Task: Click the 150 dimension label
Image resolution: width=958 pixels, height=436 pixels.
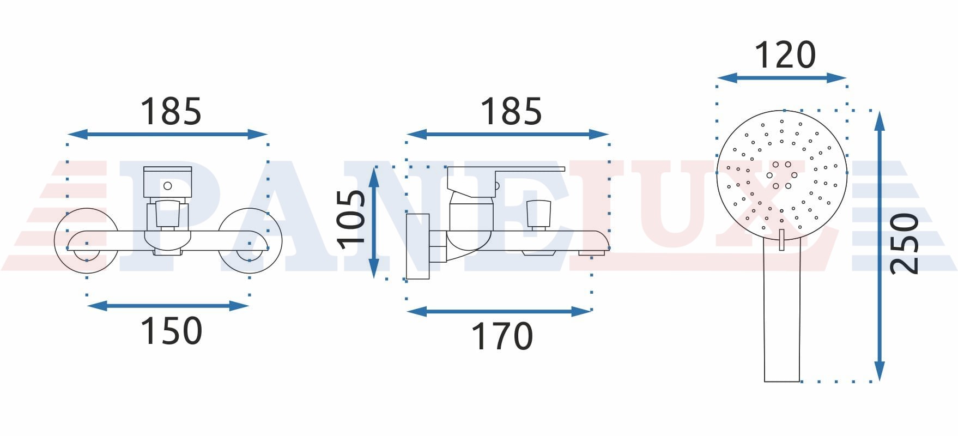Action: (171, 330)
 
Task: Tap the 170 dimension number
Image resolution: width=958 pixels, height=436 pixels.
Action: (502, 336)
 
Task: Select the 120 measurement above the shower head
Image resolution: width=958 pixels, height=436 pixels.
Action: (785, 55)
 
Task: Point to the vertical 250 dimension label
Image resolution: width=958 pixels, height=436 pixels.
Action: (904, 244)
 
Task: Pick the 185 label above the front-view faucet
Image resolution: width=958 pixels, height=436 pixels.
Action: (171, 111)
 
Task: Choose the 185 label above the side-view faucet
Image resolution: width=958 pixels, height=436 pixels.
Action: (511, 111)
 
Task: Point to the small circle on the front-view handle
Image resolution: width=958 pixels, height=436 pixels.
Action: (168, 186)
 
